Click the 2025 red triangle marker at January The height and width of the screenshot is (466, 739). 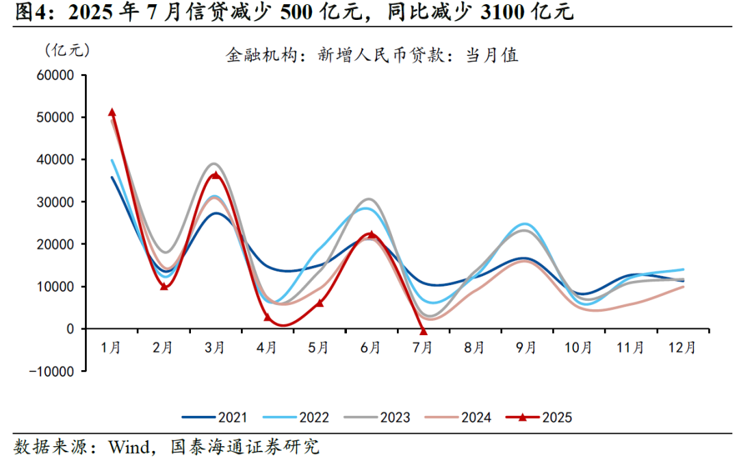click(112, 112)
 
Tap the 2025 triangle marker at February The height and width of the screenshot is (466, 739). click(164, 286)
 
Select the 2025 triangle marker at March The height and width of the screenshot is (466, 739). click(216, 175)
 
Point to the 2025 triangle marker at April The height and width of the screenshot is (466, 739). click(268, 317)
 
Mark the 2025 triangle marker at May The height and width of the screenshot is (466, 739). click(320, 302)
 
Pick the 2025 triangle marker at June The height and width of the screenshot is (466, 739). click(372, 234)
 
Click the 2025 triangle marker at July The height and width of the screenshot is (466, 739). click(424, 331)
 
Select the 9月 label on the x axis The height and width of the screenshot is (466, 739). click(527, 348)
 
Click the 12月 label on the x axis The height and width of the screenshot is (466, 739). click(682, 348)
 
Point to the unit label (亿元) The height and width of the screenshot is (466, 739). click(66, 49)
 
